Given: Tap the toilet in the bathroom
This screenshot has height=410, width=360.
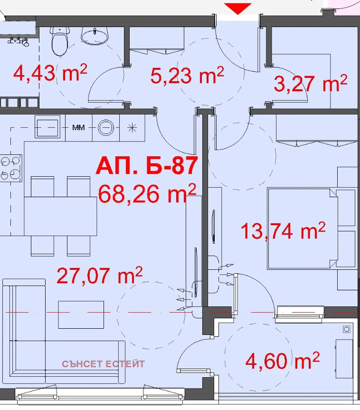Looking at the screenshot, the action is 60,41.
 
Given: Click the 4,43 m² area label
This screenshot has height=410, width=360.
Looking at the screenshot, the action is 50,73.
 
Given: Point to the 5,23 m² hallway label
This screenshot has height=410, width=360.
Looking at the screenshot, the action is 187,76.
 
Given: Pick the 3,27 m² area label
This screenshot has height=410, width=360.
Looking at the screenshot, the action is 311,84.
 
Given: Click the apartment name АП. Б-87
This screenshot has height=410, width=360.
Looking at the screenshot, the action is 147,165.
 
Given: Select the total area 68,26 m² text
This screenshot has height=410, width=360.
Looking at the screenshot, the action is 147,194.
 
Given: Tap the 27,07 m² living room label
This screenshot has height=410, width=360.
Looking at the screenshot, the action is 100,276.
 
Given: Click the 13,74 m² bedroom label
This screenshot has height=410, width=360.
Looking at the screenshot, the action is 283,231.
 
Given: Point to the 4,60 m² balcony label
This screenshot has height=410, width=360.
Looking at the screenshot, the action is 283,361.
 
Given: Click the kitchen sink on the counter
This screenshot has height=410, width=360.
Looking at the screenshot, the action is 47,128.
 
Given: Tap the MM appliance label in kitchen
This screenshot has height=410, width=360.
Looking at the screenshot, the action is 78,128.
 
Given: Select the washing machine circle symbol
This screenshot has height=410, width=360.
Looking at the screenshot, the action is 106,128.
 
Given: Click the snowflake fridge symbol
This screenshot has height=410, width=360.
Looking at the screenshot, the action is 133,128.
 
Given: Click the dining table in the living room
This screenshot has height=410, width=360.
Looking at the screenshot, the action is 60,216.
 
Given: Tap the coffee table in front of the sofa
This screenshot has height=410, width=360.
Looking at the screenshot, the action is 81,315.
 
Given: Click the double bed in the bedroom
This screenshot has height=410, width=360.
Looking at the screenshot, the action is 303,229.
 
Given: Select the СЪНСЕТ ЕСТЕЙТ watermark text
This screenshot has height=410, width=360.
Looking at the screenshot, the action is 103,364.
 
